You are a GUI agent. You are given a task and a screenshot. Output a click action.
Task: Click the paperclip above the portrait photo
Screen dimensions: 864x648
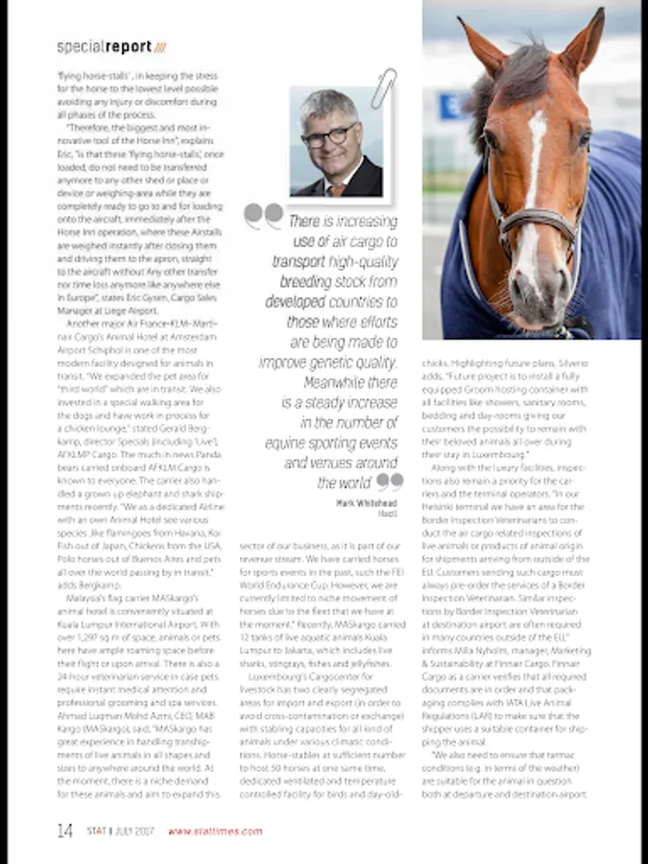(384, 85)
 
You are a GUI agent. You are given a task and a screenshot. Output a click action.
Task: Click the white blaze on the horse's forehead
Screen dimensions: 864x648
(534, 134)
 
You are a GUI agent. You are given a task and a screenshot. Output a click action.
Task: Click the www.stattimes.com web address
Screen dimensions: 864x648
(215, 831)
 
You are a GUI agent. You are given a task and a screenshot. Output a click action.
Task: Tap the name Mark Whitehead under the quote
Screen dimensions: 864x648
(367, 503)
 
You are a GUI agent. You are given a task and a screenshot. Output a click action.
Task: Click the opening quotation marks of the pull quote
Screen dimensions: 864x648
(263, 214)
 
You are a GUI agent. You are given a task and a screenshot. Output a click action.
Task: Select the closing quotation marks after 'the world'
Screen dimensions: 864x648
(389, 481)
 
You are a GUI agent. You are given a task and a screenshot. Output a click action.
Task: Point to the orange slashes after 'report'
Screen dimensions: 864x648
(159, 46)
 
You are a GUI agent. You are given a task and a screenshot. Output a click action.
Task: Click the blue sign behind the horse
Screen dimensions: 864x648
(451, 105)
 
